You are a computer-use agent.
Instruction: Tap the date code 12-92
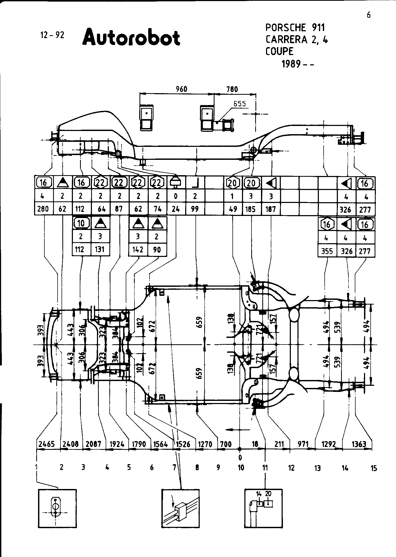(52, 35)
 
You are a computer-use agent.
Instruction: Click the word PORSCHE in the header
(286, 28)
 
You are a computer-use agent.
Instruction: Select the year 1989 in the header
(291, 64)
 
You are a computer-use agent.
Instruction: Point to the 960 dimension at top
(181, 89)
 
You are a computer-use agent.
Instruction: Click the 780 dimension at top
(232, 89)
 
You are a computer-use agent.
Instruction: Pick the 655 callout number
(239, 104)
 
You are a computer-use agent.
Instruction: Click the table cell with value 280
(43, 209)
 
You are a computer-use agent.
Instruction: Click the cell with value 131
(100, 249)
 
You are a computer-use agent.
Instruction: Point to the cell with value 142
(138, 249)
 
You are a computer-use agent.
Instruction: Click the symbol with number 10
(81, 223)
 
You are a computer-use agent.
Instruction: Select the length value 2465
(47, 444)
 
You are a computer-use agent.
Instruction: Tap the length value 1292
(329, 444)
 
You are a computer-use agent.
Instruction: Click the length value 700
(226, 444)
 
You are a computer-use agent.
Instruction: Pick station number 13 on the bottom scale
(318, 468)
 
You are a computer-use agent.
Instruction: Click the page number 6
(369, 15)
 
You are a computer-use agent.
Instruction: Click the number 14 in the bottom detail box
(259, 494)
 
